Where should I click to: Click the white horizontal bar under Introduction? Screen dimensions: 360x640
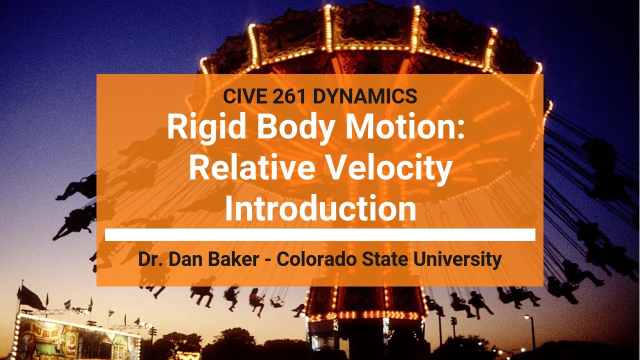(x=320, y=235)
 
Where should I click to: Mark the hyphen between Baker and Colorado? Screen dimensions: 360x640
(x=271, y=260)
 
